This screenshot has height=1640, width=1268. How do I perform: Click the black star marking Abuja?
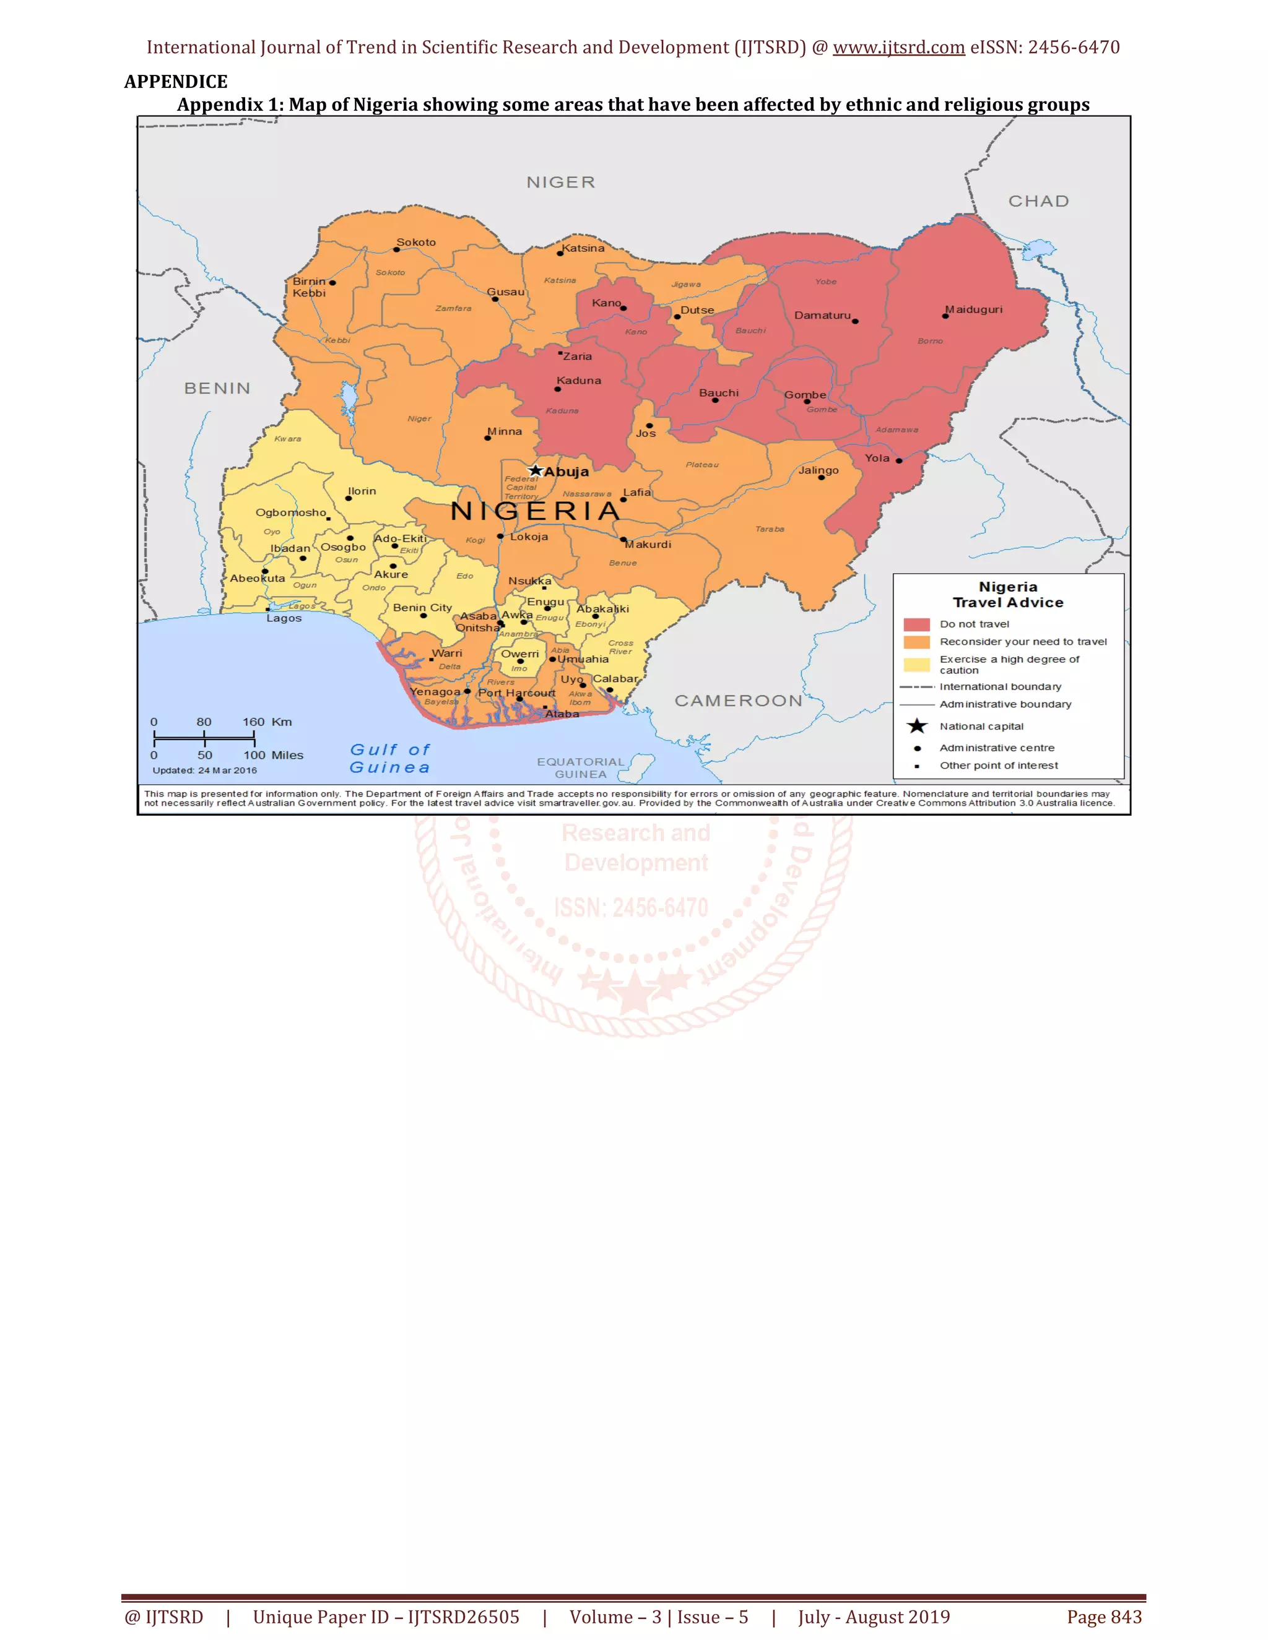point(535,470)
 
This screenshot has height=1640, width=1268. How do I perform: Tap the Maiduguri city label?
point(975,309)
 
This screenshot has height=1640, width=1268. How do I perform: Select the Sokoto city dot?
point(397,249)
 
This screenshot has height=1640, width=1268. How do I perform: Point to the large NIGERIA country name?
point(536,511)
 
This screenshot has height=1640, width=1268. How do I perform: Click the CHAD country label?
point(1038,201)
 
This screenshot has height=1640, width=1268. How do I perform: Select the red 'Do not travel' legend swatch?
point(916,624)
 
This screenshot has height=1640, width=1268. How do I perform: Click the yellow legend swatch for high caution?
point(916,665)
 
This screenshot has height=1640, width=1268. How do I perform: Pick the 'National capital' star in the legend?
point(917,726)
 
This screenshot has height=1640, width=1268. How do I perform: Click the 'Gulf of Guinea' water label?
point(390,759)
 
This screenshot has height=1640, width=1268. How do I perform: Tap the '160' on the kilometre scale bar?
point(253,722)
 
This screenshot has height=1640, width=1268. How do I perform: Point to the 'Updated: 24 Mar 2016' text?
point(204,770)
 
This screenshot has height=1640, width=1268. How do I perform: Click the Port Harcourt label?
point(517,693)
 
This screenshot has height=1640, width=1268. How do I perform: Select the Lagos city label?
point(284,619)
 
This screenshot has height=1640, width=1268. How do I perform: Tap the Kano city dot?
point(623,308)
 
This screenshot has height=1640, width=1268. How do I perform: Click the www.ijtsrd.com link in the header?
point(898,47)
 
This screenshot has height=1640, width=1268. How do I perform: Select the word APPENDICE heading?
point(176,81)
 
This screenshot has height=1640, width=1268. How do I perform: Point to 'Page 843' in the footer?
point(1105,1616)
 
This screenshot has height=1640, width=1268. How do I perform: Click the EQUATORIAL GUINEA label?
point(581,767)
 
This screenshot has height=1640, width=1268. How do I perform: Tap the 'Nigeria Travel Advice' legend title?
point(1008,595)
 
